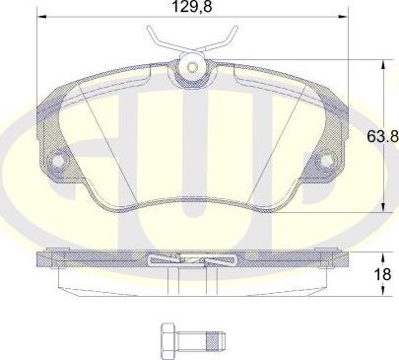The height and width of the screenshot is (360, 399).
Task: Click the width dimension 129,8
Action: pyautogui.click(x=187, y=7)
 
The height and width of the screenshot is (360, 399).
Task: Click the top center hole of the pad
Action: pyautogui.click(x=193, y=68)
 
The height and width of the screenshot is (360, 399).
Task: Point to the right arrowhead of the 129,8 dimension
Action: pyautogui.click(x=342, y=17)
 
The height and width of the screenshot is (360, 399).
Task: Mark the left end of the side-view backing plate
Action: pyautogui.click(x=39, y=261)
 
